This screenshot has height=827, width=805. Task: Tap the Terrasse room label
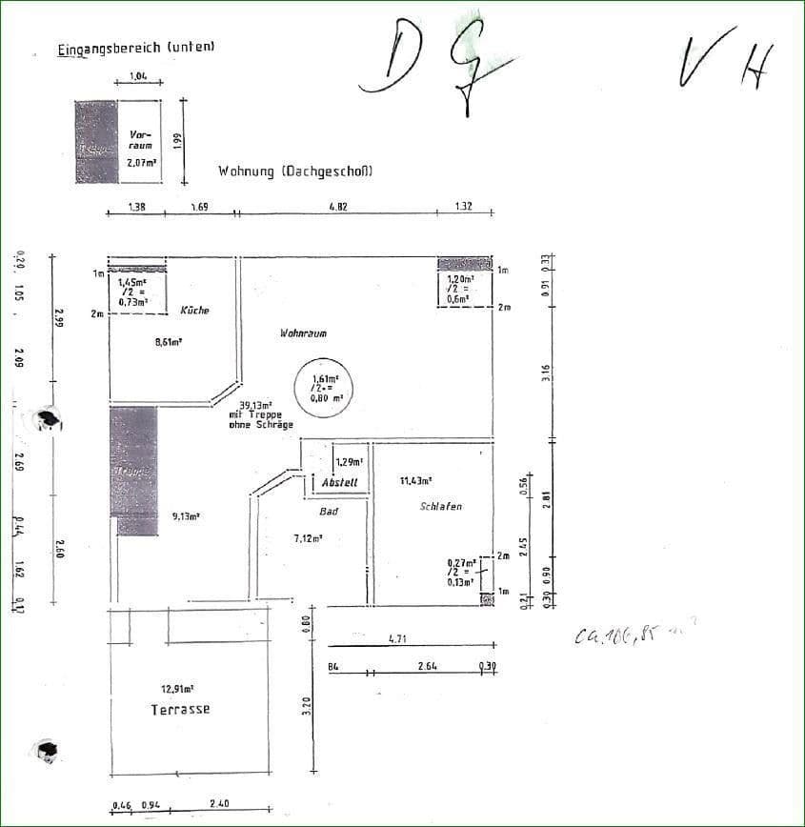pos(180,710)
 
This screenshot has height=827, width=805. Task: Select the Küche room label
pos(194,311)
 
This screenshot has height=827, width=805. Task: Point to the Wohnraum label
pos(303,333)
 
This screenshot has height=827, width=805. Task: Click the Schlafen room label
pos(440,507)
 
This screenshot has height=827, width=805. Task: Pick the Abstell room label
pos(340,483)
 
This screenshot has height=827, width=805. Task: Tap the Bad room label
pos(329,512)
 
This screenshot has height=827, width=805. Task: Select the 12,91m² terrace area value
pos(178,688)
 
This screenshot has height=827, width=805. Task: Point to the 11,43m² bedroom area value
pos(417,482)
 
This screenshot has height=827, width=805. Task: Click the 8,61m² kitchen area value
pos(169,343)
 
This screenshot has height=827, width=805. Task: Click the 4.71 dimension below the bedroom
pos(398,639)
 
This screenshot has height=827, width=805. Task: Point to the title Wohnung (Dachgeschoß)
pos(294,172)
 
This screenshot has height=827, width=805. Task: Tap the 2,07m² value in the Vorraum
pos(142,163)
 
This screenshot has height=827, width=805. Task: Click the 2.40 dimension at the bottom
pos(219,804)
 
